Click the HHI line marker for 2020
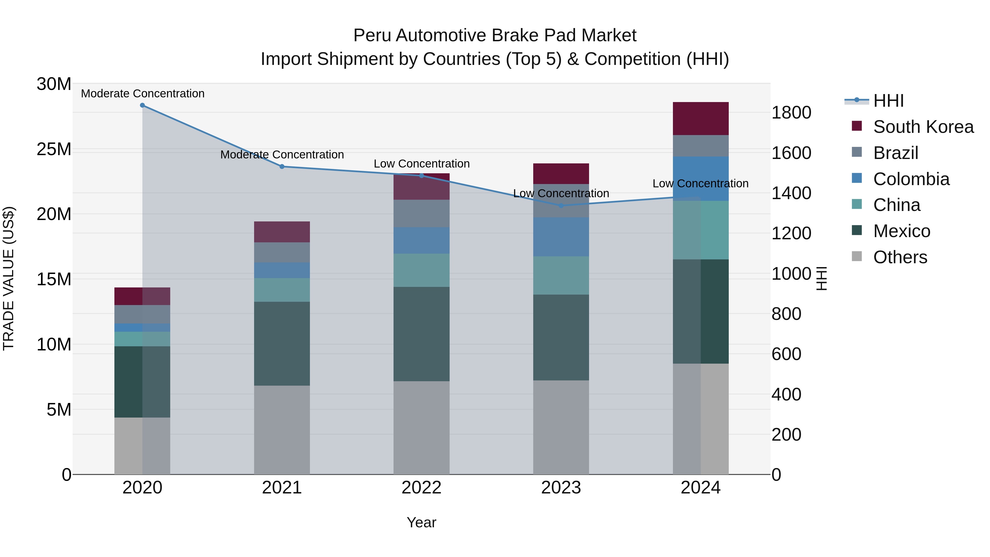pyautogui.click(x=142, y=105)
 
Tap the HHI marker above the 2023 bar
pyautogui.click(x=561, y=206)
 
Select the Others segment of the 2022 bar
pyautogui.click(x=421, y=427)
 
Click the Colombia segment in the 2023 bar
pyautogui.click(x=561, y=237)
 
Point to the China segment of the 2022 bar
pyautogui.click(x=421, y=270)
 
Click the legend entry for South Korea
pyautogui.click(x=923, y=127)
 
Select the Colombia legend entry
pyautogui.click(x=911, y=179)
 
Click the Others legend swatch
pyautogui.click(x=857, y=256)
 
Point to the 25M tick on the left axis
pyautogui.click(x=54, y=149)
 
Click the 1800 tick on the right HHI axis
pyautogui.click(x=791, y=113)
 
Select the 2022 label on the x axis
pyautogui.click(x=421, y=488)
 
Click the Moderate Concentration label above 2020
pyautogui.click(x=142, y=94)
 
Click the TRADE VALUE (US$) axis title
pyautogui.click(x=9, y=278)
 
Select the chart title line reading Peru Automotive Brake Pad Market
pyautogui.click(x=495, y=35)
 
